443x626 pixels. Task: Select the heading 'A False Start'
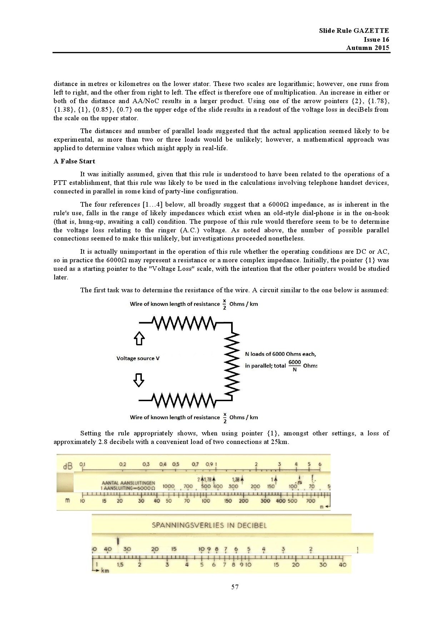click(74, 161)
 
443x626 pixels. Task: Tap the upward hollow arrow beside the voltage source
click(139, 338)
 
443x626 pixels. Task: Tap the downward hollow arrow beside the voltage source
click(139, 380)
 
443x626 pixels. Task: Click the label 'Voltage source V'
click(138, 358)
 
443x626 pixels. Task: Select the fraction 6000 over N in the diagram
click(294, 365)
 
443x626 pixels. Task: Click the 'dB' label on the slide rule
click(67, 466)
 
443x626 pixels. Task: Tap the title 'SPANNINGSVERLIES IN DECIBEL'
click(209, 525)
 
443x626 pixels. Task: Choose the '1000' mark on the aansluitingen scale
click(168, 486)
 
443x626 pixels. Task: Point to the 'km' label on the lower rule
click(105, 571)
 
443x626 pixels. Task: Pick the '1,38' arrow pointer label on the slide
click(236, 480)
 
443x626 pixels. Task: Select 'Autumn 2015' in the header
click(368, 48)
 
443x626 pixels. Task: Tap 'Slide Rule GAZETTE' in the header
click(354, 31)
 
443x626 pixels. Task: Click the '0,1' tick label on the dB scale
click(82, 464)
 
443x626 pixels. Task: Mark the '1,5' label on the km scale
click(120, 565)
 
